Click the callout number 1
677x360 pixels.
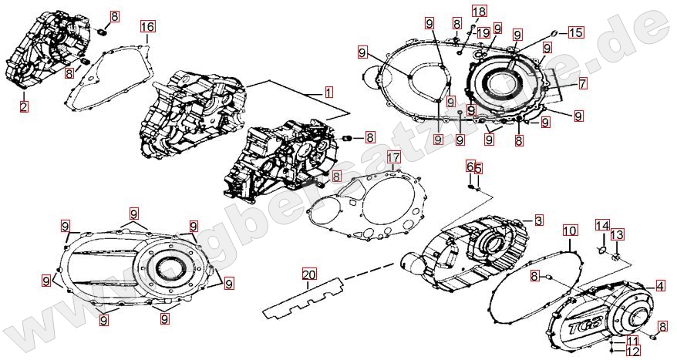pos(329,92)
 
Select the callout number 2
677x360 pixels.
pos(24,106)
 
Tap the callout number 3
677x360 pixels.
pos(538,220)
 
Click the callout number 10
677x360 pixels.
pos(570,230)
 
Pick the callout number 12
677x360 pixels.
pos(632,352)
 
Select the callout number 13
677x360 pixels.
pos(618,234)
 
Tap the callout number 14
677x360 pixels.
pos(601,224)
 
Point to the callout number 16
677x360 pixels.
pos(148,27)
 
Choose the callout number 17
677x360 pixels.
pos(393,158)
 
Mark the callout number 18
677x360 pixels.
pos(480,11)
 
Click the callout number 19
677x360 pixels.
pos(483,32)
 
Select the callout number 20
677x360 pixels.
pos(309,275)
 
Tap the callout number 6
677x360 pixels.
pos(469,167)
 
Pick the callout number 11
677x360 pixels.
pos(632,341)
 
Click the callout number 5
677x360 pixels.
pos(478,169)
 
